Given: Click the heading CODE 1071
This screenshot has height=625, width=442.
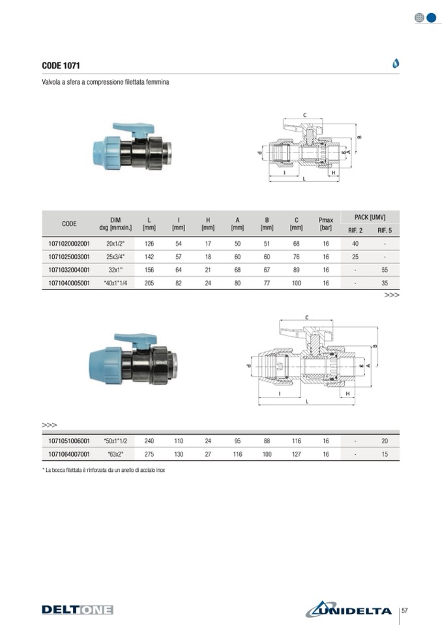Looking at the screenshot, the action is [61, 65].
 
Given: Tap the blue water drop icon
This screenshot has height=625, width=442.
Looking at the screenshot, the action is [395, 63].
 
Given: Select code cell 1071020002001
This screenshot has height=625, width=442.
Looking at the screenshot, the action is [69, 244].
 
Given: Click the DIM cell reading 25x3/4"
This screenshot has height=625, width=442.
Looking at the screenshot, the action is [115, 257].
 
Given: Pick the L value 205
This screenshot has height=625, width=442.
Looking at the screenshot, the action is [149, 283].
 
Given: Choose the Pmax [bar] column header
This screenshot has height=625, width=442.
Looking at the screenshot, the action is [325, 224].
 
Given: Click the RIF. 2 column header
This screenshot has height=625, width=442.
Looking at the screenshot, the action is [355, 231].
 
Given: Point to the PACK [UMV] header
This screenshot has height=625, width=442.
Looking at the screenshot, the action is [370, 217].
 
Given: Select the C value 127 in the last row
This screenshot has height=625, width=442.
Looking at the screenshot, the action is [296, 454].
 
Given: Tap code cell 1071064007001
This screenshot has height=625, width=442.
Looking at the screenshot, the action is [69, 454].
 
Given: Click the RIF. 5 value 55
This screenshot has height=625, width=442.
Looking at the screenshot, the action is [385, 270].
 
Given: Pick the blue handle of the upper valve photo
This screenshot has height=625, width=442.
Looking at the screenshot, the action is [133, 129].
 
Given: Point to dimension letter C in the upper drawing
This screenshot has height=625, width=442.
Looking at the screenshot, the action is [305, 115].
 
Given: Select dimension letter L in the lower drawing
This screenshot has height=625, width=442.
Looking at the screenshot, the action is [307, 401].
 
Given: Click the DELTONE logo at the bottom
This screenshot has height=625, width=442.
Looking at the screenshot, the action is [78, 609].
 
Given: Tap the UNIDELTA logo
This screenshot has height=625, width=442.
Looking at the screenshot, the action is [349, 609].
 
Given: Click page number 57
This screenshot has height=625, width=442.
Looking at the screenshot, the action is [405, 610].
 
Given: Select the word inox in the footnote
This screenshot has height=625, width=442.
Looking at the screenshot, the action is [160, 470].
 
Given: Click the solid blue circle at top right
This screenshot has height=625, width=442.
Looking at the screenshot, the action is [431, 18].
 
